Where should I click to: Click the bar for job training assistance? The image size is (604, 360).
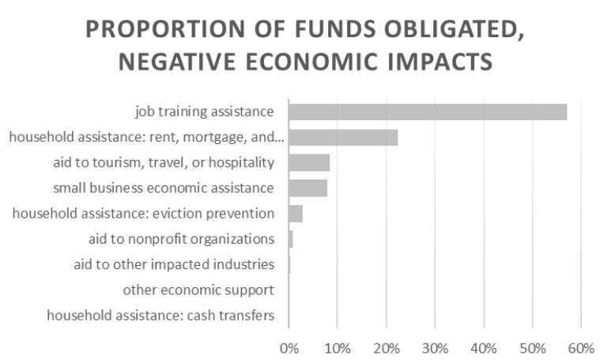(427, 112)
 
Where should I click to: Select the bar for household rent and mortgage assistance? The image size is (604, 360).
(343, 137)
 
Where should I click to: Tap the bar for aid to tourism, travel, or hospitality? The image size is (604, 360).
(309, 162)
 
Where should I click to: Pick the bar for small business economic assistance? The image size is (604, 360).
(308, 188)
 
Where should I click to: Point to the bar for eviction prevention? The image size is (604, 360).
(296, 213)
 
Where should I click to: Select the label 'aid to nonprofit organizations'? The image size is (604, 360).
(181, 238)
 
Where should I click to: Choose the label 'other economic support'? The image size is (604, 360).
(198, 290)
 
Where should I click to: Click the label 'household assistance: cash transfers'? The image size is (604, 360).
(160, 315)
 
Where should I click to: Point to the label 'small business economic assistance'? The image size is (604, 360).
(164, 188)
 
